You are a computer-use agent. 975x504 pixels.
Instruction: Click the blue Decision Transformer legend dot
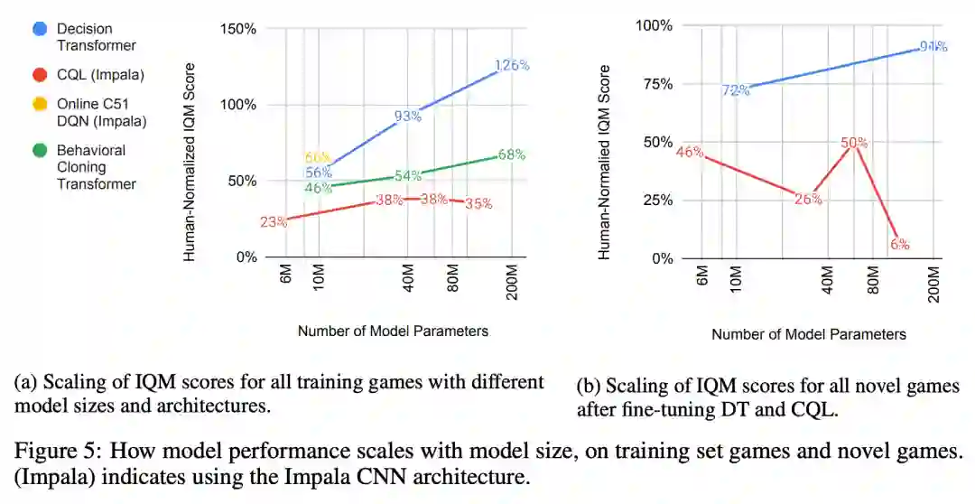(40, 29)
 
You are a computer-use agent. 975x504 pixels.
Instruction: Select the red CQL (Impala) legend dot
(40, 75)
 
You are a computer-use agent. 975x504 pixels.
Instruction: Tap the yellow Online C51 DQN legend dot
(40, 105)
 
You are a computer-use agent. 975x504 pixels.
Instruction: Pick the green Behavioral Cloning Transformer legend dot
(40, 151)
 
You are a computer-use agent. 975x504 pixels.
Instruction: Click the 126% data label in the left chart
(511, 65)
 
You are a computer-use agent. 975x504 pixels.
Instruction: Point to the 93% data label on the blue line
(407, 117)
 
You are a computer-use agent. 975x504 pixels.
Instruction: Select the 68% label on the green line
(512, 154)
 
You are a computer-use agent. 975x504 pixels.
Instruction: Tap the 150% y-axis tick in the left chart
(238, 29)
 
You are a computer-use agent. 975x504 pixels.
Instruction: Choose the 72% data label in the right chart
(735, 90)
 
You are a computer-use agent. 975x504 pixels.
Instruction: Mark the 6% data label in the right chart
(899, 244)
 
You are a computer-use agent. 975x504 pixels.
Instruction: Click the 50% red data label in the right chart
(854, 143)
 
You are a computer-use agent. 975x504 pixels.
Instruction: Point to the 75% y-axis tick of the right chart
(655, 84)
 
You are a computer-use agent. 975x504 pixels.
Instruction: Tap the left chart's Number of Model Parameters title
(393, 331)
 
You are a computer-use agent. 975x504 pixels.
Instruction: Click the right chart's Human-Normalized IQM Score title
(605, 163)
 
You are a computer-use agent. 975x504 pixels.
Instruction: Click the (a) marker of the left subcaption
(25, 382)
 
